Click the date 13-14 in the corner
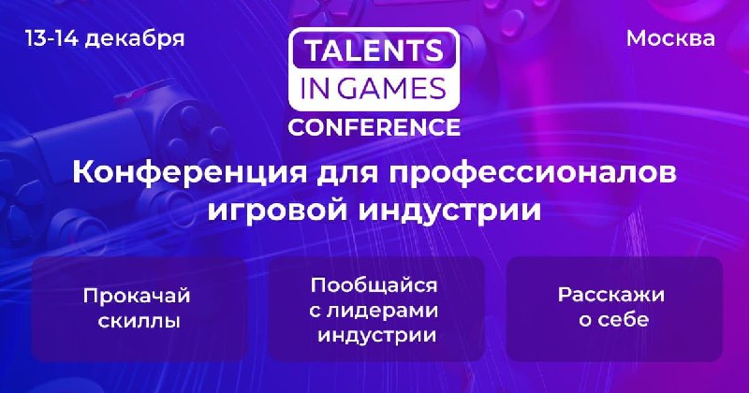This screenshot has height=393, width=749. click(51, 38)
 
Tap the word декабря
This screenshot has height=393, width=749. click(135, 39)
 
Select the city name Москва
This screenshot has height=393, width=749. click(670, 38)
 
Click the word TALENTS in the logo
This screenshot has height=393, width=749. click(374, 51)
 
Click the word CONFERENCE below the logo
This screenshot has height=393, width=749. click(374, 127)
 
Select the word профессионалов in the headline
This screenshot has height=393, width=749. click(532, 174)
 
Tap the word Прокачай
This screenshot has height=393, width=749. click(137, 296)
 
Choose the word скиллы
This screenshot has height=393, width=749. click(139, 321)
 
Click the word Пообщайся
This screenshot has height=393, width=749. click(374, 286)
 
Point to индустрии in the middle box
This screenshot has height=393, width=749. click(377, 335)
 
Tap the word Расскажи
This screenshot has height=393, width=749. click(611, 295)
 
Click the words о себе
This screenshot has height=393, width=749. click(614, 319)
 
